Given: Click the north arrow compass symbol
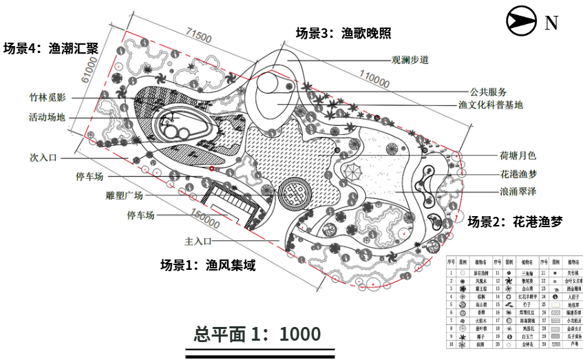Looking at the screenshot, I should click(522, 21).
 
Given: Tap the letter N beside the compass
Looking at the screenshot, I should click(551, 23).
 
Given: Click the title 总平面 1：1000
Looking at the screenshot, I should click(257, 334).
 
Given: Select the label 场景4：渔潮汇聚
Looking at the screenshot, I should click(51, 49).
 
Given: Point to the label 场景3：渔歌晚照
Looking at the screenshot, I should click(343, 32).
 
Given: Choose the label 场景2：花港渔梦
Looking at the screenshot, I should click(515, 222).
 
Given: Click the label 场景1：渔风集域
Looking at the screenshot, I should click(208, 265).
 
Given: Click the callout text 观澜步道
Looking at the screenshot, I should click(410, 60).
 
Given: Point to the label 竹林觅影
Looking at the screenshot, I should click(47, 98).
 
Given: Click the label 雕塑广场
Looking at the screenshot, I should click(125, 195).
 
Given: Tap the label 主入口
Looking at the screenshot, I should click(197, 242).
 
